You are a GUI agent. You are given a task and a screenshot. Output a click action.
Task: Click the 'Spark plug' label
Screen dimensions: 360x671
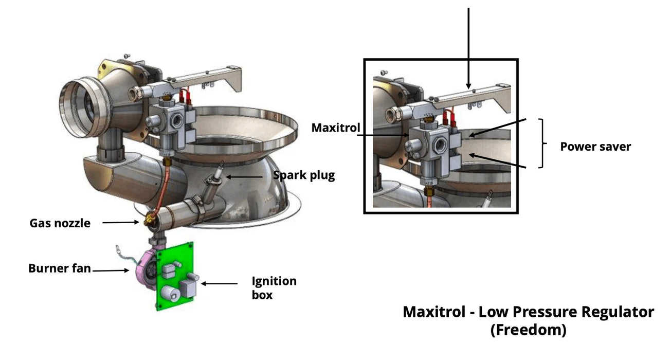pos(304,175)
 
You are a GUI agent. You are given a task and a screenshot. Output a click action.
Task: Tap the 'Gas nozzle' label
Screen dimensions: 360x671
pos(60,223)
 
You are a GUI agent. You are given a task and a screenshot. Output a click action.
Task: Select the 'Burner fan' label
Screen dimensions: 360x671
pos(59,268)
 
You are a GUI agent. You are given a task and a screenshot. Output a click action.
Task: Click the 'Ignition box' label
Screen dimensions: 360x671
pos(274,288)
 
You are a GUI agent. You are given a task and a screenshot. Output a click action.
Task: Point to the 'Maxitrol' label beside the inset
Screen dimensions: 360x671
pos(335,127)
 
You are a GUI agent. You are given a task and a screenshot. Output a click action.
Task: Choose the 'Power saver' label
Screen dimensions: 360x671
pos(595,147)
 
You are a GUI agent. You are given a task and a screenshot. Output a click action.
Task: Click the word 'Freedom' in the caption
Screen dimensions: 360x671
pos(528,330)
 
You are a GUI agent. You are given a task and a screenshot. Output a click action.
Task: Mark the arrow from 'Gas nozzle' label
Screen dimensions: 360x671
pos(120,222)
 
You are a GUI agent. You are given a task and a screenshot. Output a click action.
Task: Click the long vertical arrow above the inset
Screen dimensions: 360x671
pos(468,46)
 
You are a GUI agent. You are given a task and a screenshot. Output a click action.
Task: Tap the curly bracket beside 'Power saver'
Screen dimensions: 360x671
pos(541,143)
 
